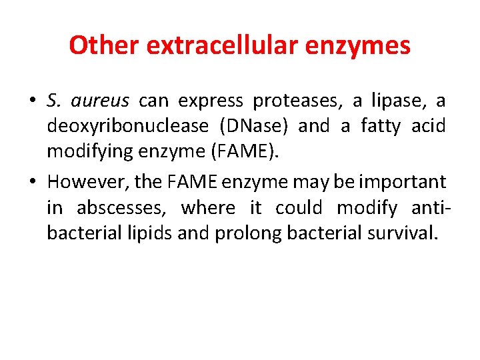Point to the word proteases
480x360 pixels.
[x=302, y=101]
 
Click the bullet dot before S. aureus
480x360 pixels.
[x=32, y=101]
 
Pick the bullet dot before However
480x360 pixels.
[x=32, y=182]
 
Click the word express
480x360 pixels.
[x=211, y=101]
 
